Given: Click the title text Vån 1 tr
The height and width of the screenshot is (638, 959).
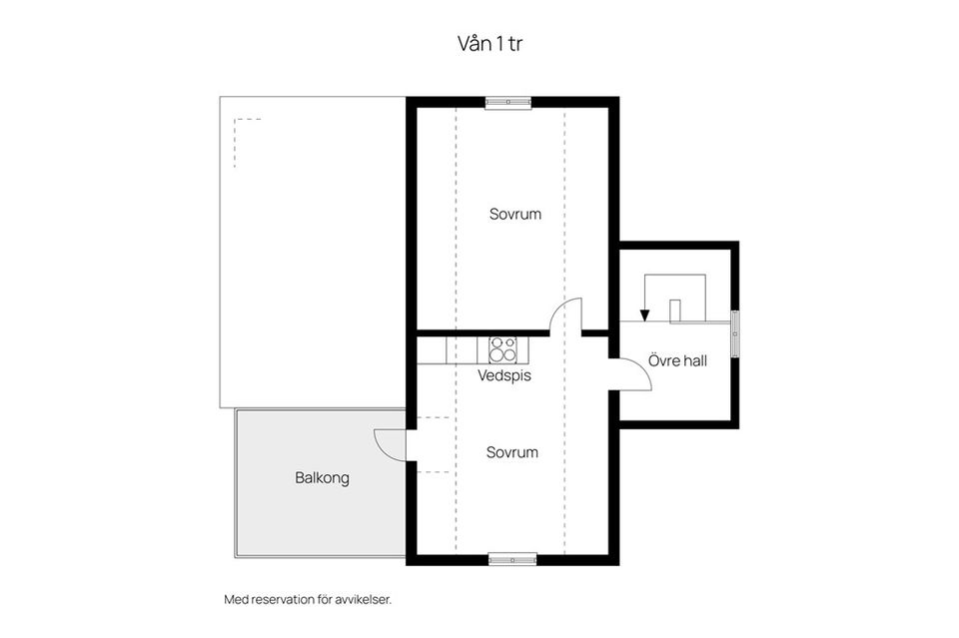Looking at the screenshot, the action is coord(489,43).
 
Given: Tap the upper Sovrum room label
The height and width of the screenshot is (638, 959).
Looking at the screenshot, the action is coord(515,214).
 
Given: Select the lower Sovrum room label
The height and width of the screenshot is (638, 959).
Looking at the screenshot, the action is coord(511,452).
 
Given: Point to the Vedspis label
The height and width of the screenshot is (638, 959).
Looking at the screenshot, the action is coord(503,375).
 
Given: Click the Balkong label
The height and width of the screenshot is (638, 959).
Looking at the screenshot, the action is coord(322,478).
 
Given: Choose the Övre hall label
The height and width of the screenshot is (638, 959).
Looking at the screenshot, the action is coord(677,360).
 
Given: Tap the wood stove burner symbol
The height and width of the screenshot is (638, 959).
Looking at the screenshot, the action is coord(502,350).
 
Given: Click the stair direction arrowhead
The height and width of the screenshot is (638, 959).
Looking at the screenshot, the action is coord(644,316).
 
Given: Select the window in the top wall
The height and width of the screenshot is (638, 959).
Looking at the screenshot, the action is coord(507,103).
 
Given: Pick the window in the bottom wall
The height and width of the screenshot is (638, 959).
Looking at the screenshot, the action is coord(512,558).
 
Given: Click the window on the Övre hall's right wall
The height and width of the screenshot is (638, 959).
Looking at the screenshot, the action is coord(735,333).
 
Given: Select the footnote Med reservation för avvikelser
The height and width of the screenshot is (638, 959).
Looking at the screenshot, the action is coord(308,599).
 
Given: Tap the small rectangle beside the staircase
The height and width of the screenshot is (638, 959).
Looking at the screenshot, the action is coord(675,311).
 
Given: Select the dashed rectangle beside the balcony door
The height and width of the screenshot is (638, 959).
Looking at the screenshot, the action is coord(434,445).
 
